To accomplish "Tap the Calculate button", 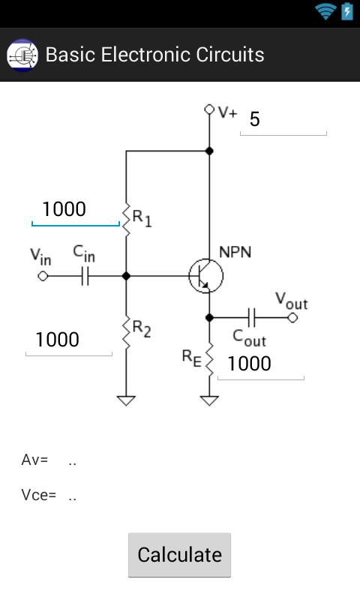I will click(179, 555).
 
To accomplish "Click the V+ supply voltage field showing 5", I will click(283, 120).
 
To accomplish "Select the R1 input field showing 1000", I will click(75, 210).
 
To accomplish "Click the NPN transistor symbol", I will click(205, 276).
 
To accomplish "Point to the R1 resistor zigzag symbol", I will click(126, 219).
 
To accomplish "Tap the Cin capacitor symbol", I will click(85, 276).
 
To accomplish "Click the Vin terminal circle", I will click(43, 276).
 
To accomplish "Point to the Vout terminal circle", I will click(292, 318).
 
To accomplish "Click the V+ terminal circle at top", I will click(210, 110).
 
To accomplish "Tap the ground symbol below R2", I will click(126, 400).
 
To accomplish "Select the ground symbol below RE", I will click(210, 400).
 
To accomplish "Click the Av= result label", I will click(34, 460).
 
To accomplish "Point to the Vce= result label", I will click(38, 495).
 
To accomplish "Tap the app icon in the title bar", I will click(22, 55).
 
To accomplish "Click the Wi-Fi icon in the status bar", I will click(325, 11).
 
